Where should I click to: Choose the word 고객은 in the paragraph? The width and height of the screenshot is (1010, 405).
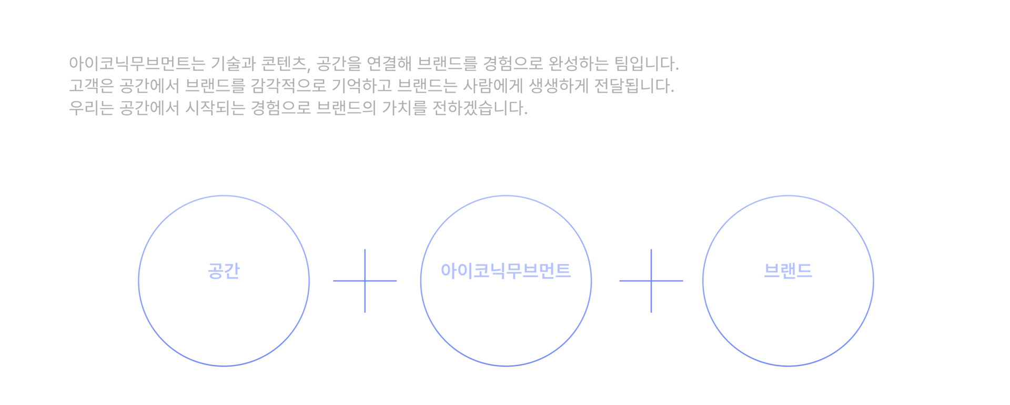pyautogui.click(x=91, y=86)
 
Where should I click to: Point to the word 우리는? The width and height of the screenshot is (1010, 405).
pyautogui.click(x=91, y=108)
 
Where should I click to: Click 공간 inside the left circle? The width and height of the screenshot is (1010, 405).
pyautogui.click(x=224, y=270)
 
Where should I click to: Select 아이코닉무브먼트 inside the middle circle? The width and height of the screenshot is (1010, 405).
pyautogui.click(x=506, y=270)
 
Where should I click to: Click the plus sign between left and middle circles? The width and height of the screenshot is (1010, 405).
pyautogui.click(x=365, y=281)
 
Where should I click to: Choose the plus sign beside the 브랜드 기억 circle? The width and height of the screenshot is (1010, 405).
pyautogui.click(x=651, y=281)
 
